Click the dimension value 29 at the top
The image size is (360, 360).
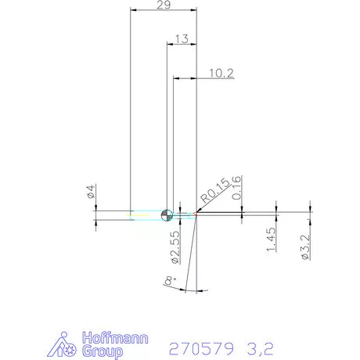pyautogui.click(x=164, y=5)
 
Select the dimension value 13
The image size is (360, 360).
pyautogui.click(x=182, y=39)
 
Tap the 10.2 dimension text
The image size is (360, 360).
pyautogui.click(x=221, y=74)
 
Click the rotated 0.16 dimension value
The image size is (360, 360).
pyautogui.click(x=236, y=188)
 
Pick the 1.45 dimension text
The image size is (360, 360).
pyautogui.click(x=271, y=239)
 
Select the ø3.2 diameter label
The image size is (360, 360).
pyautogui.click(x=305, y=247)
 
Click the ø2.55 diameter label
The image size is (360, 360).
pyautogui.click(x=175, y=247)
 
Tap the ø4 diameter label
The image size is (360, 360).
pyautogui.click(x=91, y=191)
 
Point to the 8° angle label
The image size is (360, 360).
pyautogui.click(x=170, y=280)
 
